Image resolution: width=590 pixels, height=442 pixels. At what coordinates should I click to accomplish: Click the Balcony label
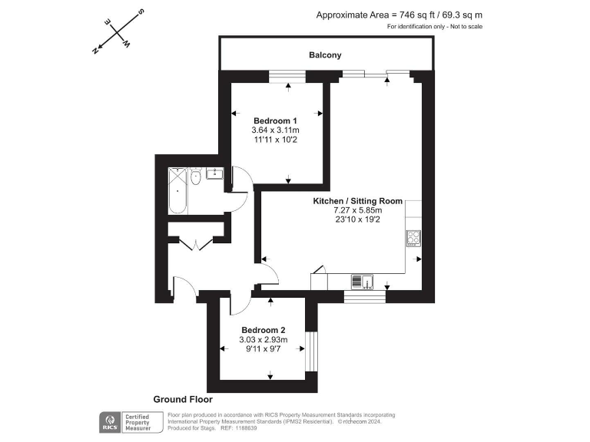click(x=325, y=55)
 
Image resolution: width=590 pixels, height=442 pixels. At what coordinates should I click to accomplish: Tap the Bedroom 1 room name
click(x=275, y=121)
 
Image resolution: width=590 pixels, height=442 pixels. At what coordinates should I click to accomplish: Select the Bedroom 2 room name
click(x=263, y=330)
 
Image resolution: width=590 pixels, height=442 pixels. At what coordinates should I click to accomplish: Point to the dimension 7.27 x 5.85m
click(x=357, y=210)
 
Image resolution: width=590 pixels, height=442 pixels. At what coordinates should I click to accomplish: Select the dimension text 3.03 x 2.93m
click(x=263, y=340)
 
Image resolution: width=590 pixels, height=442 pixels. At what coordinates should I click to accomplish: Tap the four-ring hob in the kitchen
click(x=413, y=237)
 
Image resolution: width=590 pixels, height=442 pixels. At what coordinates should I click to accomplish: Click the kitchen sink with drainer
click(x=362, y=282)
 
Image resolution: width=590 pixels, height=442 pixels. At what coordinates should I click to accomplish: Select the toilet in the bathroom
click(x=196, y=177)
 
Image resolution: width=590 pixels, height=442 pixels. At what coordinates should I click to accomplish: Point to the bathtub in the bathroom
click(x=177, y=190)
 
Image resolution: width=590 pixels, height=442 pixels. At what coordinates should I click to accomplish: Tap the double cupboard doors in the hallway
click(x=197, y=245)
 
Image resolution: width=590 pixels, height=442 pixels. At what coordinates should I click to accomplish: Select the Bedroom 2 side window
click(x=311, y=350)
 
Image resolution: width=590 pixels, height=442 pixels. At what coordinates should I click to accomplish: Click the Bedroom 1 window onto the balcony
click(x=287, y=75)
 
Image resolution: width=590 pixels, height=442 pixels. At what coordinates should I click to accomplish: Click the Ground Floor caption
click(x=183, y=400)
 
